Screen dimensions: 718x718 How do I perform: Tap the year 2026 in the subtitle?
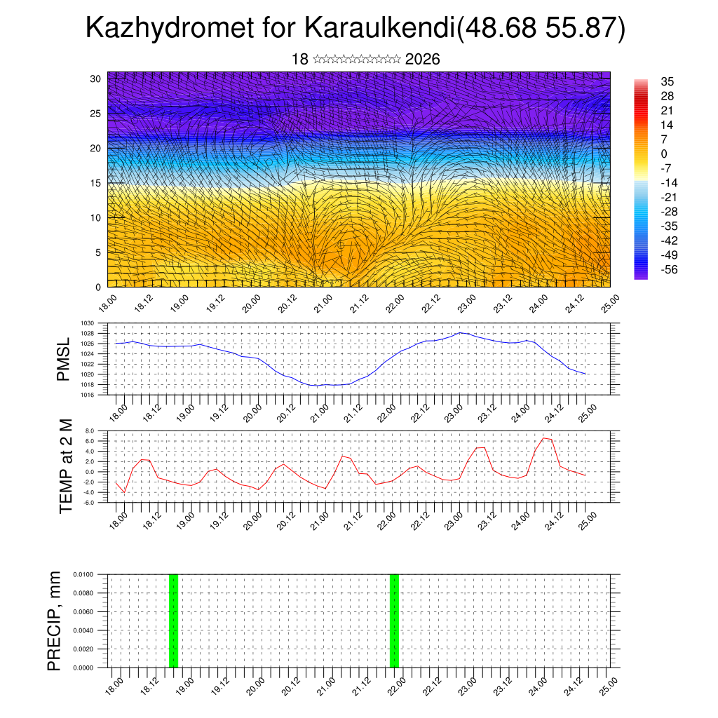click(x=422, y=60)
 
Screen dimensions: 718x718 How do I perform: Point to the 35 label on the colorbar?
click(x=667, y=82)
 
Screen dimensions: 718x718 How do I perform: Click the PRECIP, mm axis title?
click(x=54, y=621)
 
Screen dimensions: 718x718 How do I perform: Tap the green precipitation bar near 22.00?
click(x=394, y=621)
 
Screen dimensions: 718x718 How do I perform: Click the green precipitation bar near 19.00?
click(x=173, y=621)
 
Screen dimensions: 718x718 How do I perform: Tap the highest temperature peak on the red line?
click(x=543, y=438)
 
